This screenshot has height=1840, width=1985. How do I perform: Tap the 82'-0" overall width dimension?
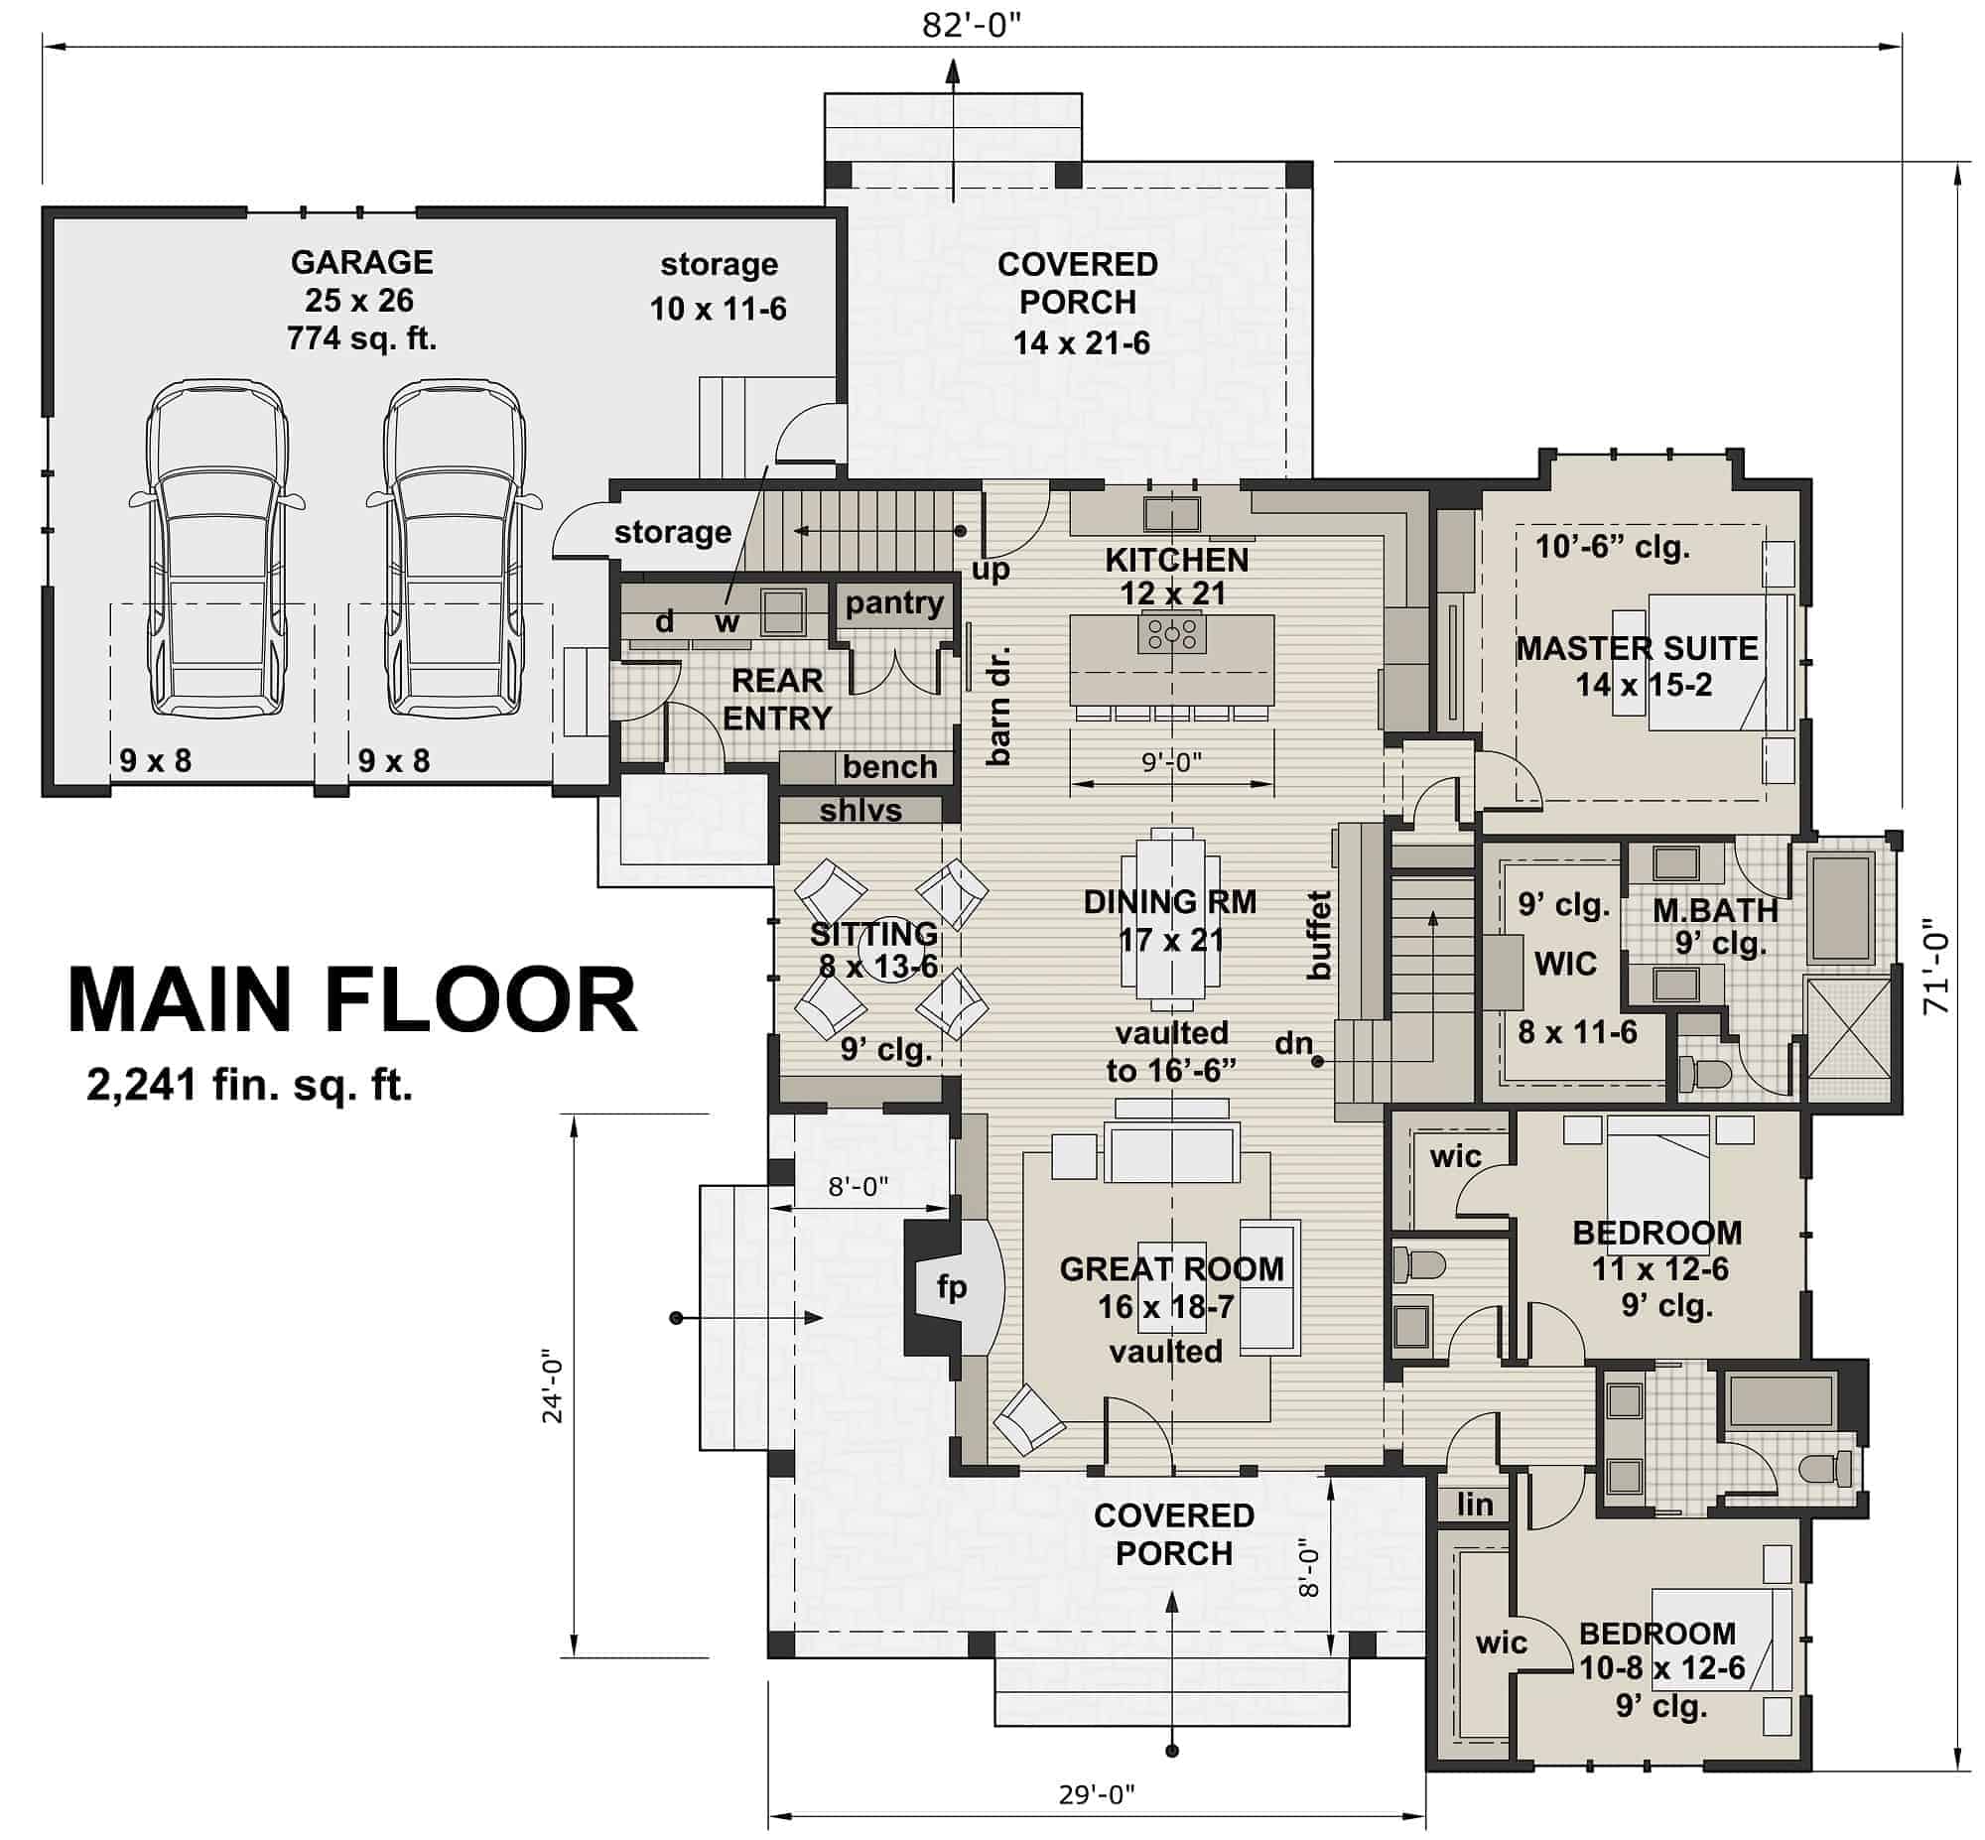(x=971, y=25)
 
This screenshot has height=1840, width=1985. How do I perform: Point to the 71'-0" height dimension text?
(x=1935, y=965)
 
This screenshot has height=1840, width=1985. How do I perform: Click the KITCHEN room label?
(x=1176, y=560)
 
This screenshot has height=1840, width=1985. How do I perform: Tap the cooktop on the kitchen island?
(x=1172, y=633)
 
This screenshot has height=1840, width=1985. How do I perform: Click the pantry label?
(x=894, y=603)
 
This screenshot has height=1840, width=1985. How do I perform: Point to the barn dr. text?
(x=998, y=704)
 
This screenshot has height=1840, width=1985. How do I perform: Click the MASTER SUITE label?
(x=1636, y=648)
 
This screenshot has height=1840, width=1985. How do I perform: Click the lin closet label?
(x=1474, y=1505)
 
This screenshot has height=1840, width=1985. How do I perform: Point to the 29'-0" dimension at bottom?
(x=1096, y=1794)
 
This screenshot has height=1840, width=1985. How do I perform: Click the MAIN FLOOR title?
(x=352, y=999)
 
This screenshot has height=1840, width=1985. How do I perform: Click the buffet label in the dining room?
(x=1318, y=935)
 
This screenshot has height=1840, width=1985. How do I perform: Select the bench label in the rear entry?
(x=889, y=766)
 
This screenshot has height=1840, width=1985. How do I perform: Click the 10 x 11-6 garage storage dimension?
(x=718, y=309)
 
